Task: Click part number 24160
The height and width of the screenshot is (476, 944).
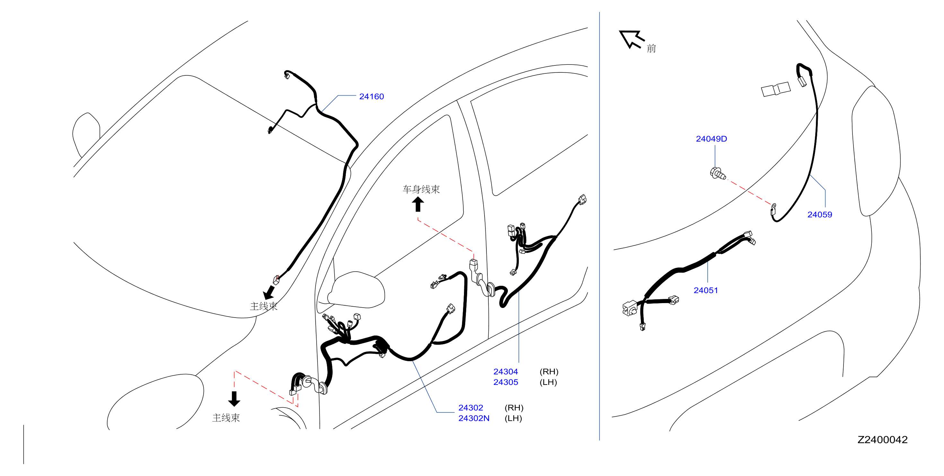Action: coord(371,96)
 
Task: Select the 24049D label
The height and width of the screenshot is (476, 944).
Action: coord(711,139)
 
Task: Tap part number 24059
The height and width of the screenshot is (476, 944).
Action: coord(819,215)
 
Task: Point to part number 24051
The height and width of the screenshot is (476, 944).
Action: coord(705,290)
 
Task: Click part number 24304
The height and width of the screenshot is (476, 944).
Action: coord(505,372)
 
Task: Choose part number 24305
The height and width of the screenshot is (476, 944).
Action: coord(505,382)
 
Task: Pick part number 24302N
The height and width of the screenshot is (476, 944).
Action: coord(474,418)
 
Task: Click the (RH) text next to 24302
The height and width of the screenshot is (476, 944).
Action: coord(514,408)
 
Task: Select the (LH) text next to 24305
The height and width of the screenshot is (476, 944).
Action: coord(548,382)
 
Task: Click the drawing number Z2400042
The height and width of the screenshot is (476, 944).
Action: coord(882,439)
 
